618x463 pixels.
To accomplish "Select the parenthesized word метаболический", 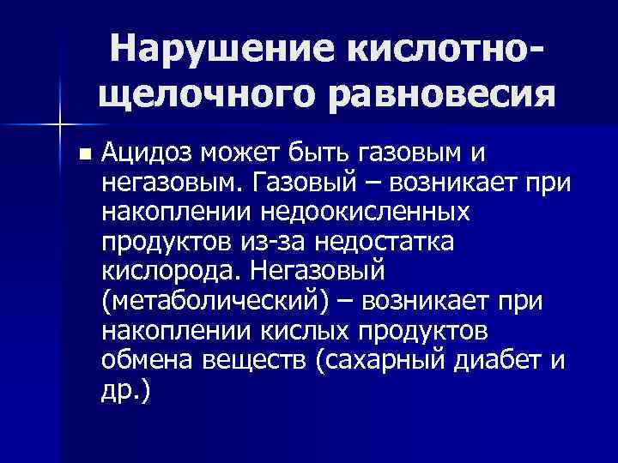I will (222, 302).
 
